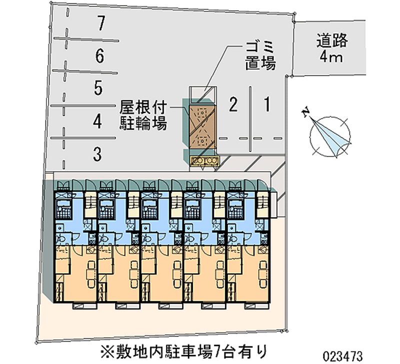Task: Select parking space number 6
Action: point(100,56)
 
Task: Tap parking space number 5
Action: point(98,88)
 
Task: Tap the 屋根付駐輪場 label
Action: point(143,115)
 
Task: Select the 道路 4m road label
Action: point(331,48)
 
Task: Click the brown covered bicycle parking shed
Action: point(202,125)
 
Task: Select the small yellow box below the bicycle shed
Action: point(203,160)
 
